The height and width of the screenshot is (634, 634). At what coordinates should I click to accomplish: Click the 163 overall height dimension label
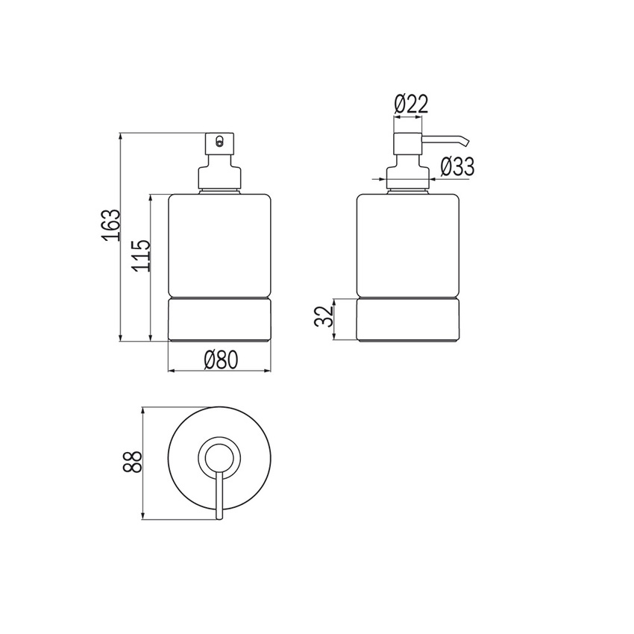[111, 225]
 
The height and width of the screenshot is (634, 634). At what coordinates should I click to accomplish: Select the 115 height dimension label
[141, 255]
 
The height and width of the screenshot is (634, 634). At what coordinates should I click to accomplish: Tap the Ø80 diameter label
[221, 360]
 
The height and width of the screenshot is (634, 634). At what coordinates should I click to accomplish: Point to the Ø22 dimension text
[411, 104]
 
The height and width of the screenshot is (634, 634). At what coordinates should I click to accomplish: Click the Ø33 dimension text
[457, 166]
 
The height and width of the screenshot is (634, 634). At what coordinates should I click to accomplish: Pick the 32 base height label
[324, 316]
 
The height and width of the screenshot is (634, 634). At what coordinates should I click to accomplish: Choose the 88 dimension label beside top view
[133, 462]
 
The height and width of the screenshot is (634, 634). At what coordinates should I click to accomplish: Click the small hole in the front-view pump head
[219, 142]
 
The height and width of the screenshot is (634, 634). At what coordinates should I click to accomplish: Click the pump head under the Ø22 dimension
[408, 143]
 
